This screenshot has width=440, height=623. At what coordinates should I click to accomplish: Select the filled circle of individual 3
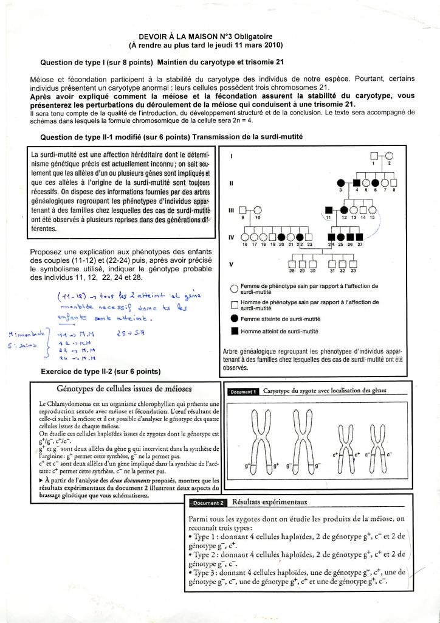click(x=341, y=182)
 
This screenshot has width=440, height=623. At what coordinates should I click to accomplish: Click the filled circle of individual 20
click(x=281, y=237)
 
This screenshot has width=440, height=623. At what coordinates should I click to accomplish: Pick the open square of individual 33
click(x=353, y=263)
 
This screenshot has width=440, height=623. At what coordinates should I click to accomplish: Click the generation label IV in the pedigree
click(x=232, y=237)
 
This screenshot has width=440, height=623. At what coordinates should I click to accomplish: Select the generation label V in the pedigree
click(x=231, y=263)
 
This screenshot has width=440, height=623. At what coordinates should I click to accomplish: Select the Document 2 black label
click(x=207, y=503)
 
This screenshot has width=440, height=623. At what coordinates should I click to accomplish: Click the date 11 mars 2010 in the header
click(x=256, y=45)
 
